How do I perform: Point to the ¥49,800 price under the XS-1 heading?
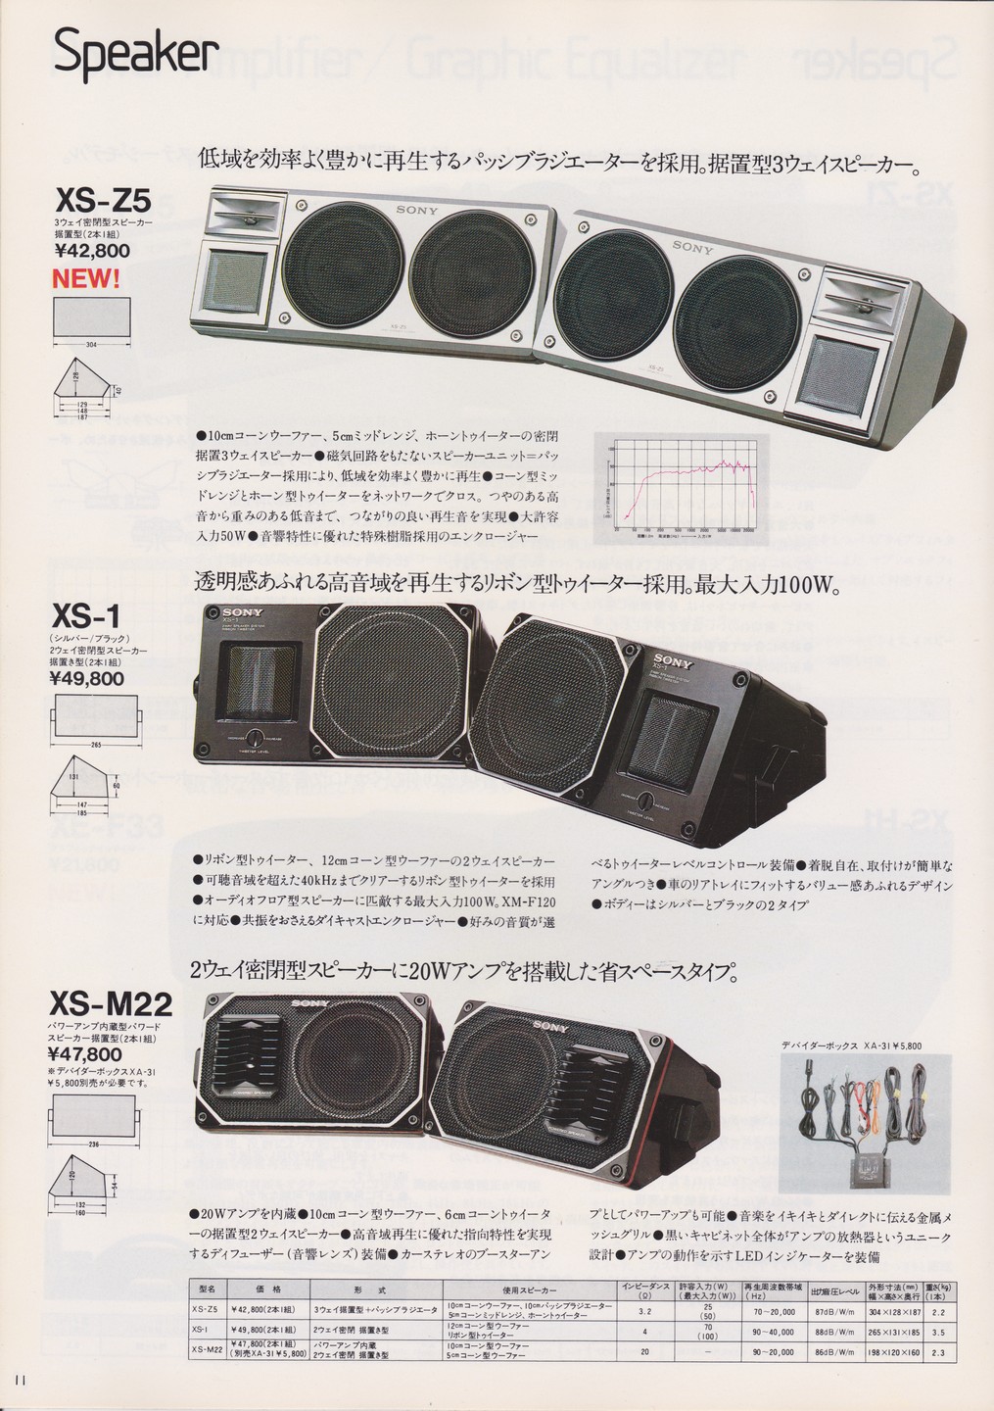[86, 677]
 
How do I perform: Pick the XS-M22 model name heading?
[111, 1004]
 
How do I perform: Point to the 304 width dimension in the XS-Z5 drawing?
[89, 346]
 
